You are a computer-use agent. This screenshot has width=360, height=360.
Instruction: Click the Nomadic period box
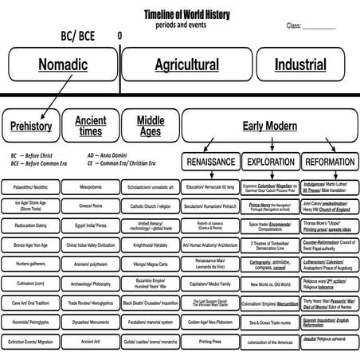pos(63,64)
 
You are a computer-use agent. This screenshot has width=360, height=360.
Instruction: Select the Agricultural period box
pos(186,64)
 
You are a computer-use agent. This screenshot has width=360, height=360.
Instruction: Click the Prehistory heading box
pos(31,125)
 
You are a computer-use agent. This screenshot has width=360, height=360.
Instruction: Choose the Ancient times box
pos(90,125)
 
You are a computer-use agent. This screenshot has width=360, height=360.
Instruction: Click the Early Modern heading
pos(269,125)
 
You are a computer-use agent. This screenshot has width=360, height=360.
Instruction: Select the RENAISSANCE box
pos(210,162)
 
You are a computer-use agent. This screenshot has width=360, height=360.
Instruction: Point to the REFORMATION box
pos(330,162)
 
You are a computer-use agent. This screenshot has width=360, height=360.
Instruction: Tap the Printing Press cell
pos(210,342)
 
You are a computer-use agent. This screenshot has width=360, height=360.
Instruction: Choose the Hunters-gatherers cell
pos(31,264)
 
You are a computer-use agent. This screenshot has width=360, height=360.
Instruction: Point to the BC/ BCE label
pos(79,36)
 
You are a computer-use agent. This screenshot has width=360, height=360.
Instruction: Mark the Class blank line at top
pos(319,27)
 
